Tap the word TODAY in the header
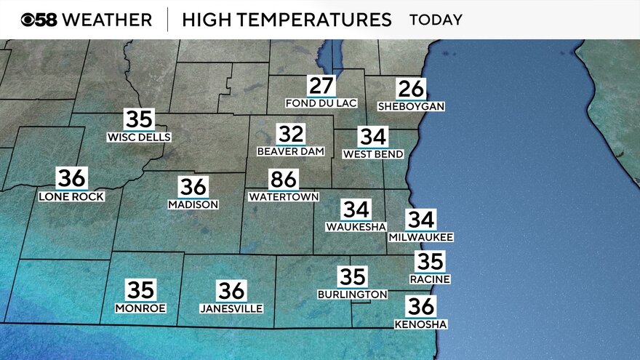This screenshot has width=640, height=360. click(436, 20)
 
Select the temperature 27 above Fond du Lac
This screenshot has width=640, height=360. click(321, 86)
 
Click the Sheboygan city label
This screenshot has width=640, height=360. click(411, 106)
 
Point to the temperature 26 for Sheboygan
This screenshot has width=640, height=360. click(411, 89)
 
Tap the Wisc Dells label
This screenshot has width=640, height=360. click(139, 137)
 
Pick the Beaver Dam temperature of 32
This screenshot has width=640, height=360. click(290, 135)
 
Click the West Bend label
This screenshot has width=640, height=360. click(372, 154)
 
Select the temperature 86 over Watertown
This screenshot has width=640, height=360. click(284, 180)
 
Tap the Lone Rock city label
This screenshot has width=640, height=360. click(71, 196)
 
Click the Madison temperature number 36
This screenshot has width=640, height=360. click(193, 187)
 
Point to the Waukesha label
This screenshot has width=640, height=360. click(356, 227)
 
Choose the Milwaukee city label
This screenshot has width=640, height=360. click(421, 237)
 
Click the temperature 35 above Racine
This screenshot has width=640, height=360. click(430, 261)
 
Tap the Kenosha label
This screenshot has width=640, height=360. click(420, 324)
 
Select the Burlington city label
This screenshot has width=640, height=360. click(353, 294)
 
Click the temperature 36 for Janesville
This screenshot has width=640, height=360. click(231, 291)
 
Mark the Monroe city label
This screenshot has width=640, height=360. click(140, 308)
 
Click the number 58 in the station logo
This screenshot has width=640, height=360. click(47, 20)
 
